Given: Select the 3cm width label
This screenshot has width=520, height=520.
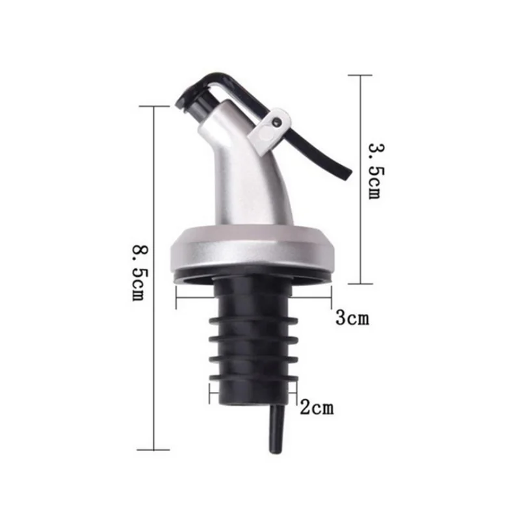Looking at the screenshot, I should coord(352,318).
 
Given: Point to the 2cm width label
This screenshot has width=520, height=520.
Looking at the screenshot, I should coord(317,408).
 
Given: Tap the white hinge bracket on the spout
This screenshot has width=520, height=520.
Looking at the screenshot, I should coord(270,129).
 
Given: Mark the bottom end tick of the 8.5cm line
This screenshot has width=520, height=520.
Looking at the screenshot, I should coord(153,449).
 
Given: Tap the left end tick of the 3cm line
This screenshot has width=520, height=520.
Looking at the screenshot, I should coord(177,299).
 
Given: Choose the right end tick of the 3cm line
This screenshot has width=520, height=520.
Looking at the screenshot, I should coord(332,299).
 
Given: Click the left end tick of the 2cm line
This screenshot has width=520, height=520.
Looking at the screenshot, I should coord(210,393).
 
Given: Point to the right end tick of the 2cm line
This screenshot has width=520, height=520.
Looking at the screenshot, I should coord(297,393).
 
